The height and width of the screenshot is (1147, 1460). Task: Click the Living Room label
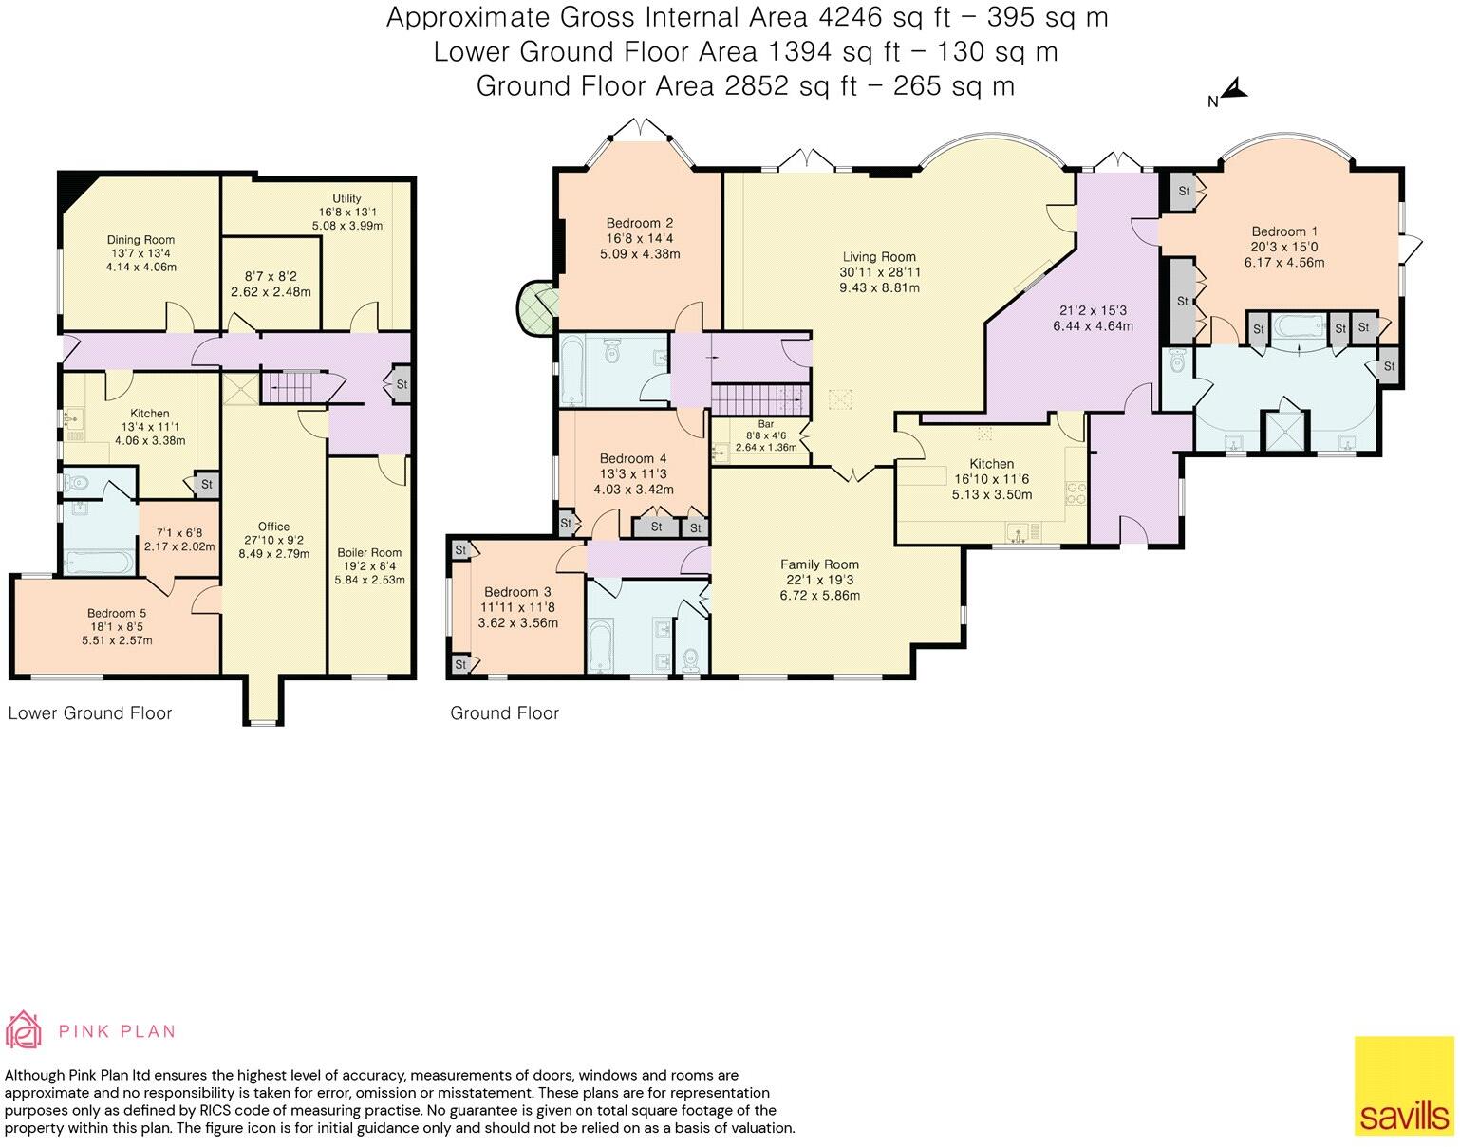(x=879, y=256)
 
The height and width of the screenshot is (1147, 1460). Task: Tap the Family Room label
(x=819, y=564)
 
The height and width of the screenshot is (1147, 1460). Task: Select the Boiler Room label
(x=369, y=552)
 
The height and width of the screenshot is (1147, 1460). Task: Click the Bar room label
(x=765, y=424)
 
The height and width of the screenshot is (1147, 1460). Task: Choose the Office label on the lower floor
(x=273, y=527)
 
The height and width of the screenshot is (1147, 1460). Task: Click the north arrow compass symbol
(x=1231, y=92)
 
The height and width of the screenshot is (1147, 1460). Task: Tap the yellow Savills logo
(x=1403, y=1086)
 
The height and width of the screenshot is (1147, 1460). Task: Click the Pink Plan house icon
(x=24, y=1031)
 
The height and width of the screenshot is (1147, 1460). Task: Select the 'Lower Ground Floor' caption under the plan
(x=90, y=713)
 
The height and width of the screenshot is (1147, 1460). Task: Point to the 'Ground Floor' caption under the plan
(x=504, y=713)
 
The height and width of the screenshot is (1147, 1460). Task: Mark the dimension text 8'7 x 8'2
(x=271, y=277)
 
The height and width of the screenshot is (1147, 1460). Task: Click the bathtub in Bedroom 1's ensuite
(x=1299, y=327)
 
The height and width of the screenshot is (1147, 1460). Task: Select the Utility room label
(x=346, y=198)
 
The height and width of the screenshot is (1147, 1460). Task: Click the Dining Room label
(x=140, y=240)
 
